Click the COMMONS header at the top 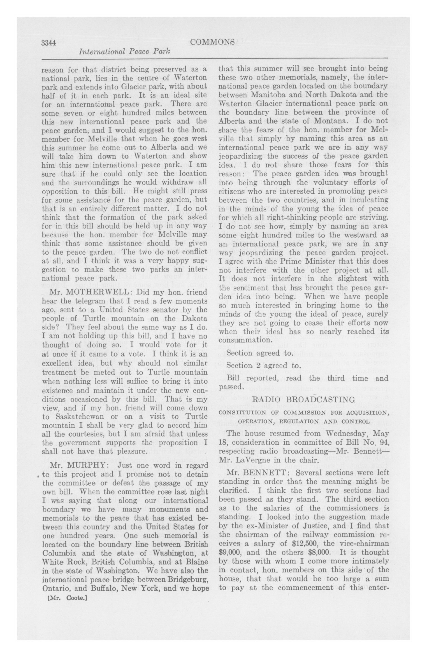(212, 42)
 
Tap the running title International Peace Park (124, 52)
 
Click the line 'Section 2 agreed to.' (263, 366)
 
